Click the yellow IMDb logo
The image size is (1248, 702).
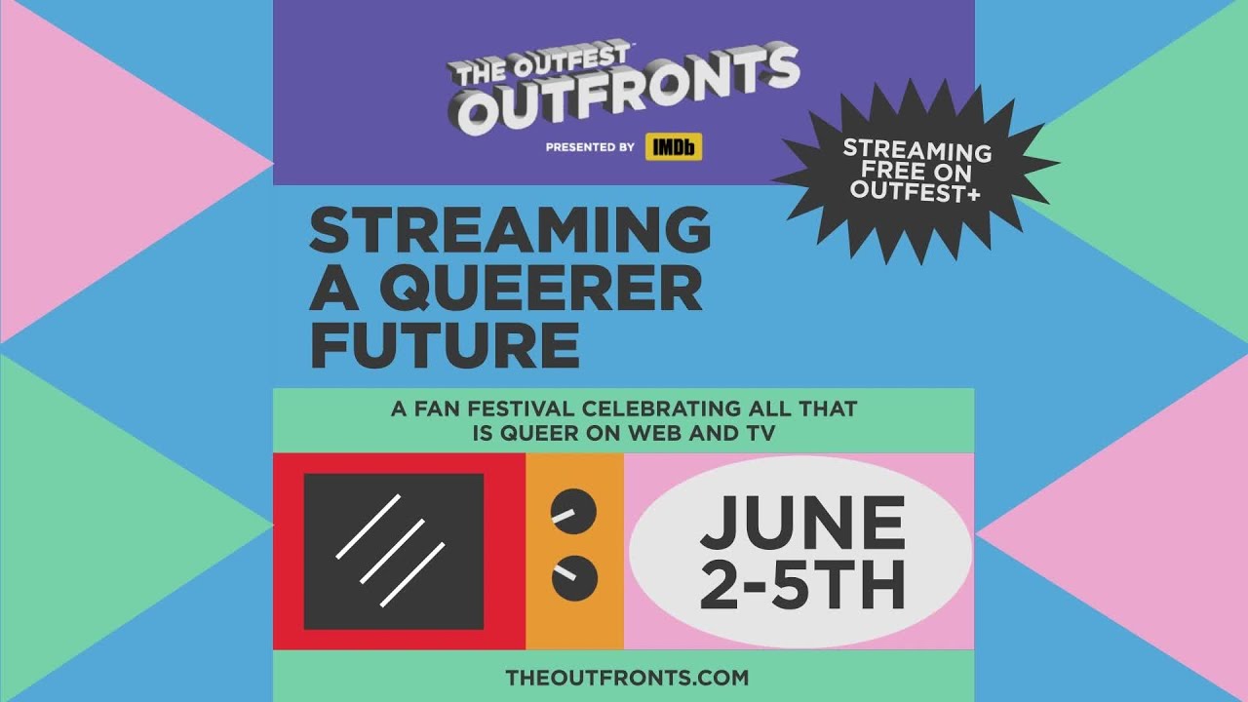point(674,147)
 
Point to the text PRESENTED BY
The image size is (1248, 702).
point(590,148)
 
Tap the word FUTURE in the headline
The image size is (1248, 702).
point(445,344)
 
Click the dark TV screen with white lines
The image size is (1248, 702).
point(394,551)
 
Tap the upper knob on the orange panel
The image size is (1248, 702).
point(574,510)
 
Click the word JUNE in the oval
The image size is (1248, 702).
point(801,523)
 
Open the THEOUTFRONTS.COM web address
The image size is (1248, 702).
point(627,677)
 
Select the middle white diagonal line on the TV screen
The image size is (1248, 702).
point(393,552)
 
